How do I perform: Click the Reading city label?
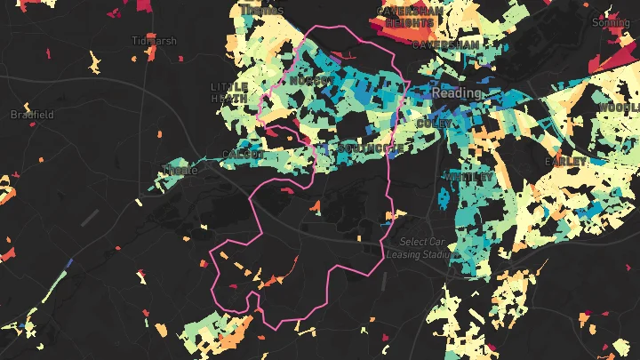[x=456, y=92]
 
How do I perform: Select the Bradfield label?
[x=32, y=115]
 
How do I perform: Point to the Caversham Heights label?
[x=404, y=17]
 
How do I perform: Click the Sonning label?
[x=611, y=21]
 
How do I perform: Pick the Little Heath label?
[x=229, y=92]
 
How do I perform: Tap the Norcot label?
[x=311, y=81]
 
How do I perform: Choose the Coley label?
[x=433, y=122]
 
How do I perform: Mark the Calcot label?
[x=244, y=154]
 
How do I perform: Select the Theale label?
[x=180, y=171]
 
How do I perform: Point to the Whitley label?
[x=468, y=177]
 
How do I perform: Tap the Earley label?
[x=565, y=162]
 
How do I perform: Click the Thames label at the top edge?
[x=261, y=10]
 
